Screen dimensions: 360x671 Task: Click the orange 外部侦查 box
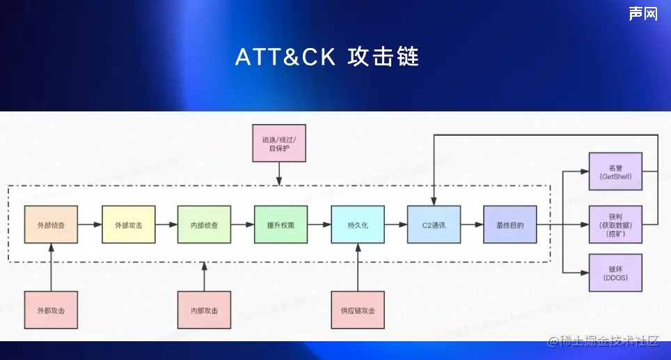[x=51, y=225]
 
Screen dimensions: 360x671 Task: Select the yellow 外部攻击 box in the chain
[x=128, y=225]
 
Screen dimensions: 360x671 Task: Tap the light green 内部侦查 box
[x=204, y=225]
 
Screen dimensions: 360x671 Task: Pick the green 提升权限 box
[x=281, y=225]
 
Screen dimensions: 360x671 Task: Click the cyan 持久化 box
[x=357, y=225]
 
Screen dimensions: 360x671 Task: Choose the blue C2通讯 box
[x=434, y=225]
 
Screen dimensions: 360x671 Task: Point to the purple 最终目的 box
[x=510, y=225]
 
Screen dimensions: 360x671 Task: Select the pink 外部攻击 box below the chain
[x=51, y=310]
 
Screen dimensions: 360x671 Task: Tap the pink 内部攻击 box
[x=204, y=310]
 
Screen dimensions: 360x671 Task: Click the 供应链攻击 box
[x=357, y=310]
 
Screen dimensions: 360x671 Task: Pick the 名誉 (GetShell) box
[x=615, y=172]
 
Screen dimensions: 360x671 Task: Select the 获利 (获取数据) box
[x=615, y=225]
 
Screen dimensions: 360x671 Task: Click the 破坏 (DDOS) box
[x=615, y=273]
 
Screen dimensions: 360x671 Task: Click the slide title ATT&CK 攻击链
[x=327, y=57]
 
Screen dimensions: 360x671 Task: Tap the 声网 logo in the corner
[x=643, y=13]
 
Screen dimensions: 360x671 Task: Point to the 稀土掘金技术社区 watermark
[x=603, y=341]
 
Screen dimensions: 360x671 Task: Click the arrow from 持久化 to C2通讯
[x=395, y=225]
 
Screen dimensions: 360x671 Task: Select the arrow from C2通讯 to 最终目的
[x=472, y=225]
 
